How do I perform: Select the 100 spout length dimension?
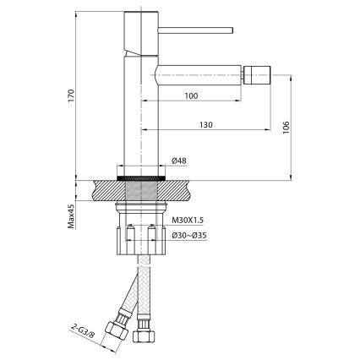pos(190,96)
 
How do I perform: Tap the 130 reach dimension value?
pos(205,124)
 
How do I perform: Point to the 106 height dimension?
pos(287,126)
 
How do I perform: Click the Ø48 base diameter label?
pos(178,161)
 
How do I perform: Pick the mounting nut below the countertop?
pos(140,239)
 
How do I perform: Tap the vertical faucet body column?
pos(140,118)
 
